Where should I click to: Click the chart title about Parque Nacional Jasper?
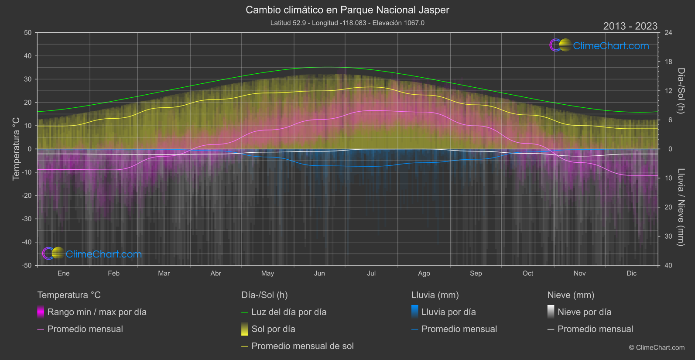[x=347, y=10]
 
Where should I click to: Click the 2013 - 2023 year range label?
[x=630, y=26]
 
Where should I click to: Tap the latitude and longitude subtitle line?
[x=347, y=23]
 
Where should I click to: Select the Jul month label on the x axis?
[x=371, y=274]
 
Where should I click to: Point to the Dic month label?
[x=631, y=274]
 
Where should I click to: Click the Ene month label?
[x=64, y=274]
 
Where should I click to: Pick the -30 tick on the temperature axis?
[x=27, y=219]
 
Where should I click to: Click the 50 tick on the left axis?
[x=28, y=33]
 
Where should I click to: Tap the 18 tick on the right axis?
[x=668, y=62]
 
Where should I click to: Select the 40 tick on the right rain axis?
[x=668, y=265]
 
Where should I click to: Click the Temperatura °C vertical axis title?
[x=16, y=149]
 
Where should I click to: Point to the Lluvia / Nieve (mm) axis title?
[x=681, y=207]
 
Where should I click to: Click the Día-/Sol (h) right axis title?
[x=681, y=91]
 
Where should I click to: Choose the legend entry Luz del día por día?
[x=289, y=312]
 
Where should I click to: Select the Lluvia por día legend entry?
[x=448, y=312]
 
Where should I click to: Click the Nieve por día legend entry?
[x=584, y=312]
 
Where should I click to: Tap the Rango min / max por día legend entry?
[x=97, y=312]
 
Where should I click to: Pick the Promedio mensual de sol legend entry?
[x=302, y=346]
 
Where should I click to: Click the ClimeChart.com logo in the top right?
[x=599, y=45]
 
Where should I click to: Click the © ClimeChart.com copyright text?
[x=657, y=348]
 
